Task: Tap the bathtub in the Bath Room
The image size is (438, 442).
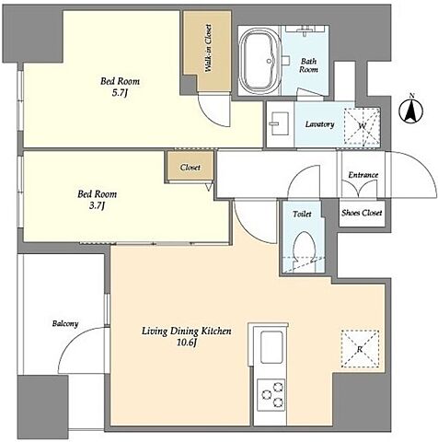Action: tap(260, 61)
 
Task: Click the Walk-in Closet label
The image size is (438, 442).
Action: tap(208, 48)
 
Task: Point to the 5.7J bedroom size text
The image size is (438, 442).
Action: tap(120, 93)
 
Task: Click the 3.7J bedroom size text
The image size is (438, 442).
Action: tap(97, 205)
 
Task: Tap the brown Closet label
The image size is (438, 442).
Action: tap(190, 168)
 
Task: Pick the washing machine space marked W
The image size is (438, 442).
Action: tap(362, 126)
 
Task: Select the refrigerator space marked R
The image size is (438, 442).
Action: tap(360, 349)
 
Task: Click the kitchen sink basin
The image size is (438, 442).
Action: tap(271, 346)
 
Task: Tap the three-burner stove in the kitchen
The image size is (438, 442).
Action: tap(271, 395)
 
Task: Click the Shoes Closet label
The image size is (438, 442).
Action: tap(362, 213)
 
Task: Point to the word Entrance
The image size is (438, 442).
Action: tap(363, 175)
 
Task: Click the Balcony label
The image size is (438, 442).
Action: tap(65, 323)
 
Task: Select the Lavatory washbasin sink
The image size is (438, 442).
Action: tap(279, 123)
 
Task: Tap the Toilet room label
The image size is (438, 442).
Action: tap(302, 214)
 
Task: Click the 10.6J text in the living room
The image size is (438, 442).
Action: tap(186, 343)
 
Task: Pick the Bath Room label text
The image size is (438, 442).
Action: tap(308, 65)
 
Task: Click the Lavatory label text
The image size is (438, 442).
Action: tap(319, 124)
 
